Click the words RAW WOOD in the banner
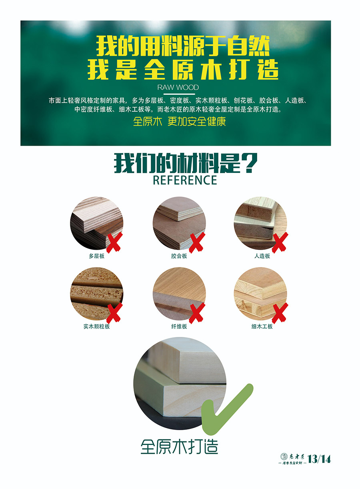tap(178, 88)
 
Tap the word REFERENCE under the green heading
tap(185, 180)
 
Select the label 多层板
tap(97, 256)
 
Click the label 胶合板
tap(179, 256)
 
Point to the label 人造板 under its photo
tap(262, 256)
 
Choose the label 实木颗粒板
tap(97, 327)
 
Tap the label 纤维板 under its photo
tap(179, 327)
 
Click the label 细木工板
tap(262, 327)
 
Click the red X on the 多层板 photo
tap(114, 242)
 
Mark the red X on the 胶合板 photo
tap(197, 242)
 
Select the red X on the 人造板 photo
tap(280, 242)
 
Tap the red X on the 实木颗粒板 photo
tap(114, 313)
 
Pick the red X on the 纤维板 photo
tap(197, 313)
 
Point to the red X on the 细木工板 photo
tap(280, 313)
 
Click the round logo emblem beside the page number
tap(284, 456)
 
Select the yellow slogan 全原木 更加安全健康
tap(179, 121)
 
